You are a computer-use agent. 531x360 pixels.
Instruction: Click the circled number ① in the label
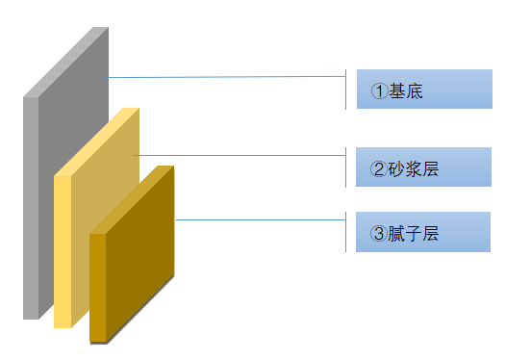(379, 90)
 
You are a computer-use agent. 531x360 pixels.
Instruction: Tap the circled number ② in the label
(378, 168)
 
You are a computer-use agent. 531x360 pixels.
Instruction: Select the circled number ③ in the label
(378, 233)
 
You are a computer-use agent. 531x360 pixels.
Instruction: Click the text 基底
(406, 90)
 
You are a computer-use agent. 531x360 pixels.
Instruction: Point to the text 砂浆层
(413, 168)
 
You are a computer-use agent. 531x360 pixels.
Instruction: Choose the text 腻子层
(413, 233)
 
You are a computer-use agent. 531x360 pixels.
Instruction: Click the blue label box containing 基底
(424, 89)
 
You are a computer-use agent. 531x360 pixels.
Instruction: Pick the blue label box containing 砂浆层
(423, 167)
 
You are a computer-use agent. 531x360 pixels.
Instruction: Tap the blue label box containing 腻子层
(423, 232)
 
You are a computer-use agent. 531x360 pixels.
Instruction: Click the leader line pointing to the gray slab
(225, 77)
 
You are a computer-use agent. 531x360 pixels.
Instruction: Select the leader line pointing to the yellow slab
(240, 156)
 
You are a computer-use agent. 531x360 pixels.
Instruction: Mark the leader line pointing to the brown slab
(261, 220)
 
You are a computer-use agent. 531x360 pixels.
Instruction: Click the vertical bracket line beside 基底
(345, 90)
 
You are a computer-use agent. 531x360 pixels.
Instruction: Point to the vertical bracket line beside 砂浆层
(345, 167)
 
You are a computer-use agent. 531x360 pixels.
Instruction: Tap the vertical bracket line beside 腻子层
(345, 232)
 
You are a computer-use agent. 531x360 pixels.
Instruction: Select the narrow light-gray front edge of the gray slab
(31, 208)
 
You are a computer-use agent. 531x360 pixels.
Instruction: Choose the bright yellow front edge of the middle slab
(63, 251)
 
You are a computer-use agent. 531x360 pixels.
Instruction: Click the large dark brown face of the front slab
(139, 253)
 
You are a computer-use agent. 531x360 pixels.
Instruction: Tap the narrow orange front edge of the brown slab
(97, 288)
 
